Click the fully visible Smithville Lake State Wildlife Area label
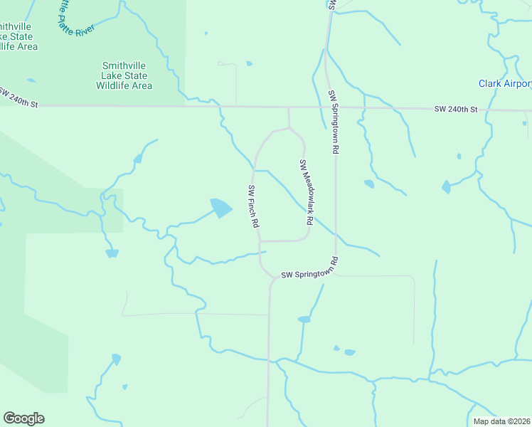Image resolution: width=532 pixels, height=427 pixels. pos(124,75)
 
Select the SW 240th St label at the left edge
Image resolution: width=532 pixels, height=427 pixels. pos(18,98)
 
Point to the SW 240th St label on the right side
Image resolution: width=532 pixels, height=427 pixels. pos(457,110)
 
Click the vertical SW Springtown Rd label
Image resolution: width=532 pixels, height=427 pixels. pos(332,122)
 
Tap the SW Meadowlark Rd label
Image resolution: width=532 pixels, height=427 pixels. pos(306,193)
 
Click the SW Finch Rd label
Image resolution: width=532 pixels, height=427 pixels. pos(252,206)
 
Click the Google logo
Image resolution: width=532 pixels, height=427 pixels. pos(23,418)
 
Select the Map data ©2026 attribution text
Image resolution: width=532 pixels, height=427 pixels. pos(501,421)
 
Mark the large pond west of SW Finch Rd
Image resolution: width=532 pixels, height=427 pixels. pos(220,208)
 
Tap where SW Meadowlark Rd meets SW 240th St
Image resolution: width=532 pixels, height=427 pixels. pos(288,108)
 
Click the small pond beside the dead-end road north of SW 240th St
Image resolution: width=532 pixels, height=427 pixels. pos(249,64)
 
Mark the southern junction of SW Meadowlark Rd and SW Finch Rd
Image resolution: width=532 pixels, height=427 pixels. pos(259,241)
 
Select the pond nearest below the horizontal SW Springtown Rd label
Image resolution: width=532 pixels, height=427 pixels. pos(304,320)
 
